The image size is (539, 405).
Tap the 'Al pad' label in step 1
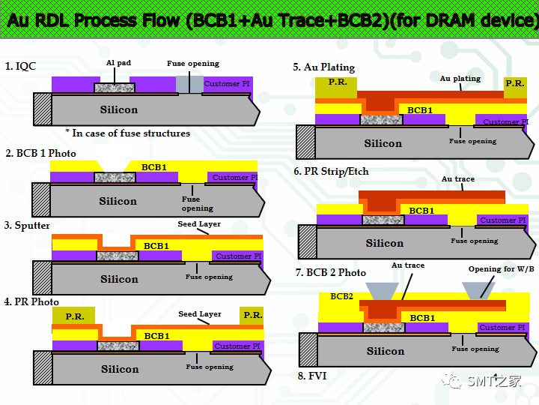[118, 64]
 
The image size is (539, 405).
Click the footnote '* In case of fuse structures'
[127, 133]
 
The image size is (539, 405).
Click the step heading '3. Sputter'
[27, 225]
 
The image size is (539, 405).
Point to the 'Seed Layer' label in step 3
[198, 224]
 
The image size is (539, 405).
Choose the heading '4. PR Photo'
[31, 301]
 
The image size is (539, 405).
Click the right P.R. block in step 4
[252, 315]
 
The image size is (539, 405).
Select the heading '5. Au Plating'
[323, 67]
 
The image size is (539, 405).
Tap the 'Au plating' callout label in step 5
[460, 78]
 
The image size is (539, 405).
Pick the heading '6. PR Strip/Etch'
[331, 171]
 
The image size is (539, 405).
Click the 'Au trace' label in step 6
[457, 179]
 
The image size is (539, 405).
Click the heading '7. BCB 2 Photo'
[330, 272]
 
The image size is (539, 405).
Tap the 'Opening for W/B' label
[501, 269]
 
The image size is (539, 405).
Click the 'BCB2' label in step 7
[341, 296]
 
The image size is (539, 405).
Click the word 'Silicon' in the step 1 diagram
[119, 109]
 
